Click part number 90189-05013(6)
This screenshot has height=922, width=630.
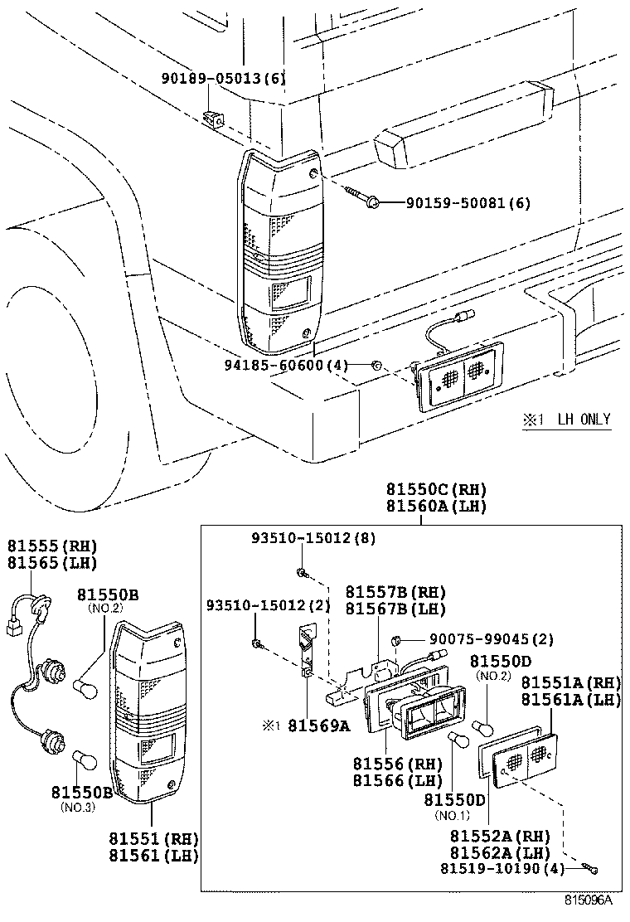[223, 80]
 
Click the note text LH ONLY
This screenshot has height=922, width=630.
[584, 420]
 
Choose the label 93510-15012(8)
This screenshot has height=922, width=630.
[313, 538]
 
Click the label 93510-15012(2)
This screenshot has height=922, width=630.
[268, 605]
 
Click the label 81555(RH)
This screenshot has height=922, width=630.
[52, 546]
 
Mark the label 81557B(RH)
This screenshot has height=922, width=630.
[395, 593]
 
